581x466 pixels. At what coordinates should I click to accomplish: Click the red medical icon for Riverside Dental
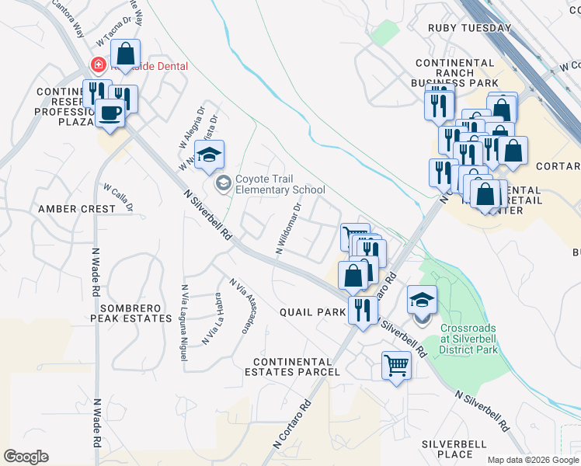tap(99, 66)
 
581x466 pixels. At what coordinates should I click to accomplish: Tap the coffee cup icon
tap(110, 113)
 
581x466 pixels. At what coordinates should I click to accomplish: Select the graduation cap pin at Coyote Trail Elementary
tap(209, 155)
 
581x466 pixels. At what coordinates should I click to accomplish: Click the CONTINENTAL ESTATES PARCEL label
tap(297, 367)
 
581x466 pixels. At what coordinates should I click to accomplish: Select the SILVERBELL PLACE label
tap(454, 449)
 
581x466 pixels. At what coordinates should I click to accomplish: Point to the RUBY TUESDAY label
tap(470, 28)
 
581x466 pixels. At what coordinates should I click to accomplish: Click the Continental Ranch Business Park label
tap(455, 74)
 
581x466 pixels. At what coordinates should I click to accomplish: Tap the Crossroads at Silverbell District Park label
tap(468, 339)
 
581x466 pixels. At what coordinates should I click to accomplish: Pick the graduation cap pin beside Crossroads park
tap(422, 301)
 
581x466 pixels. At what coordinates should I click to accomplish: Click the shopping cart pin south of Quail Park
tap(396, 364)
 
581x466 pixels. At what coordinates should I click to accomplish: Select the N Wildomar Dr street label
tap(289, 229)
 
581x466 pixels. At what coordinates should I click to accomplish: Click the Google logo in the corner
tap(26, 456)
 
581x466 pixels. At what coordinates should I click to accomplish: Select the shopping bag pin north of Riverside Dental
tap(126, 54)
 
